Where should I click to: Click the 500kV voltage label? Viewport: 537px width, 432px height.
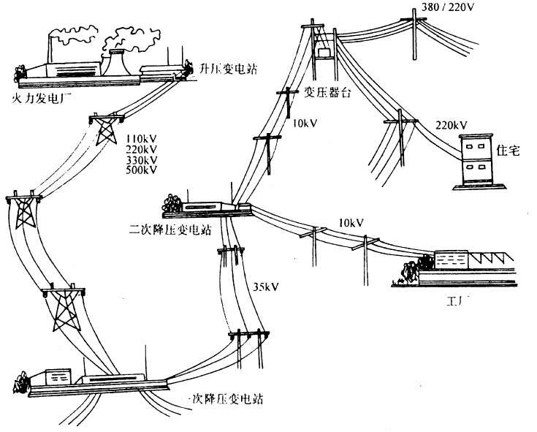coord(142,170)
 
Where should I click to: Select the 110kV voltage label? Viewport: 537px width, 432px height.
coord(142,139)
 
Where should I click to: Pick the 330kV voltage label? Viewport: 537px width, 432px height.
coord(142,160)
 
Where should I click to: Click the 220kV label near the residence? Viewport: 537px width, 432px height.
coord(450,124)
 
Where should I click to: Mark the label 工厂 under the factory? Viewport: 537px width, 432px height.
coord(457,301)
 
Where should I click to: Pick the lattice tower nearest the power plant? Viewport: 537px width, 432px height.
coord(105,129)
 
